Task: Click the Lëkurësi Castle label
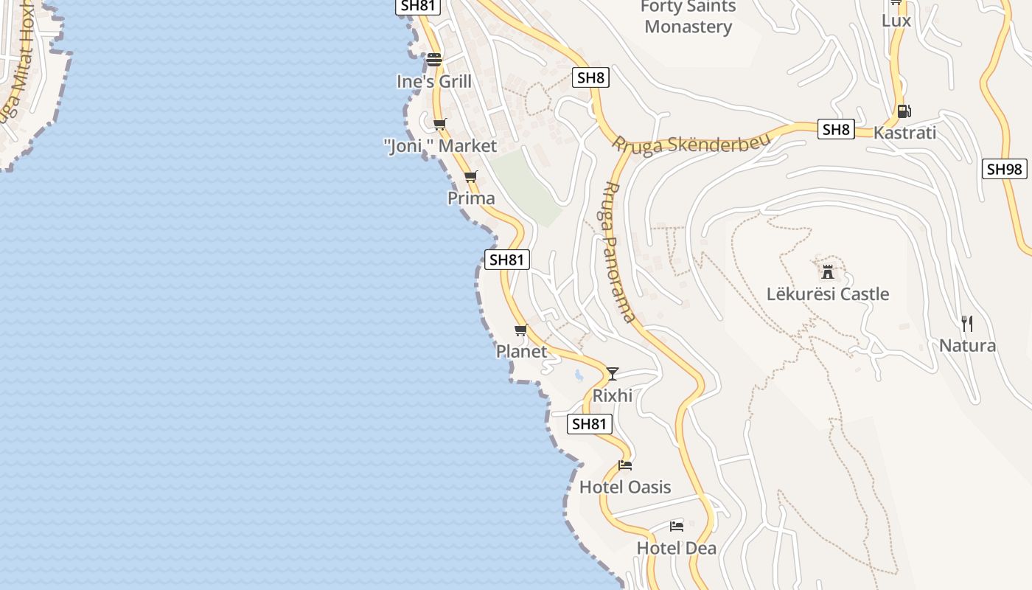click(828, 294)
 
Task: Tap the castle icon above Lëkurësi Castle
click(828, 271)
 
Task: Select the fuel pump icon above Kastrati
click(904, 111)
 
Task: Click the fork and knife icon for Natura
click(967, 323)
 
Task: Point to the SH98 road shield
click(1004, 169)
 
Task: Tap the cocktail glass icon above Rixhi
click(612, 374)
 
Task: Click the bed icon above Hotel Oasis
click(625, 465)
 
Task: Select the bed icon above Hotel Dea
click(677, 527)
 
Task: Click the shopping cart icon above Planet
click(521, 330)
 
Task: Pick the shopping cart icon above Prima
click(471, 176)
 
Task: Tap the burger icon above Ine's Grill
click(434, 60)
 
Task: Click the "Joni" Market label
click(441, 146)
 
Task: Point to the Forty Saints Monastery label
click(688, 17)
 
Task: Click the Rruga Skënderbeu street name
click(691, 142)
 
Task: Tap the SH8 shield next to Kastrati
click(835, 130)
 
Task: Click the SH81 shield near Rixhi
click(590, 423)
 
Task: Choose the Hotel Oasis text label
click(625, 487)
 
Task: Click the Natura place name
click(967, 346)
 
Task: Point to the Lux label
click(896, 21)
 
